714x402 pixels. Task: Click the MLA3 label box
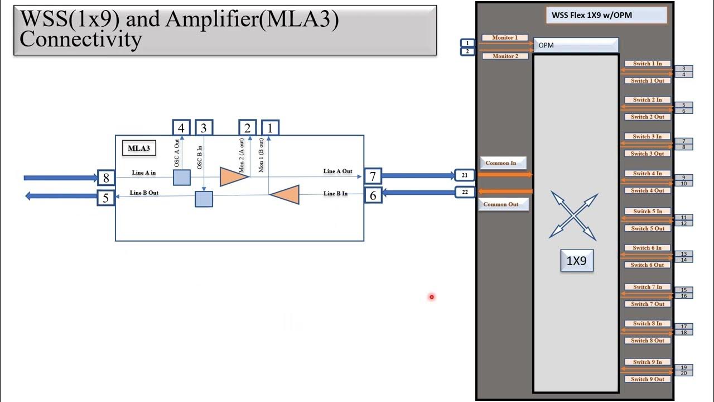[x=138, y=149]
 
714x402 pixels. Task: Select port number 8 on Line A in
[x=106, y=178]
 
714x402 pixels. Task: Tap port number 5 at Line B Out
[x=106, y=197]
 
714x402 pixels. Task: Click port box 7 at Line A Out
[x=373, y=177]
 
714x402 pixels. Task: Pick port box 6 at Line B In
[x=373, y=194]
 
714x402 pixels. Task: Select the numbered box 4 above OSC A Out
[x=181, y=128]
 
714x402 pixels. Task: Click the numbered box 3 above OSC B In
[x=204, y=128]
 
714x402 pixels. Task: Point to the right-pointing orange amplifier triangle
[x=233, y=176]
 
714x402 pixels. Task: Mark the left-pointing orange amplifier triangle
[x=286, y=194]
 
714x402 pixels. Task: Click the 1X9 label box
[x=576, y=261]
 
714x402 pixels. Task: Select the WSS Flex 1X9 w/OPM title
[x=606, y=15]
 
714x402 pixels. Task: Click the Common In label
[x=501, y=163]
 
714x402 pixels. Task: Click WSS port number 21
[x=465, y=175]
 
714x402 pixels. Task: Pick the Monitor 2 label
[x=505, y=56]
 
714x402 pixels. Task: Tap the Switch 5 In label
[x=647, y=212]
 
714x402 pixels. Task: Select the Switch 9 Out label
[x=647, y=379]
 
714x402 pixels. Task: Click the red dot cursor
[x=432, y=297]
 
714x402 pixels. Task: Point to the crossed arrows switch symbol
[x=574, y=215]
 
